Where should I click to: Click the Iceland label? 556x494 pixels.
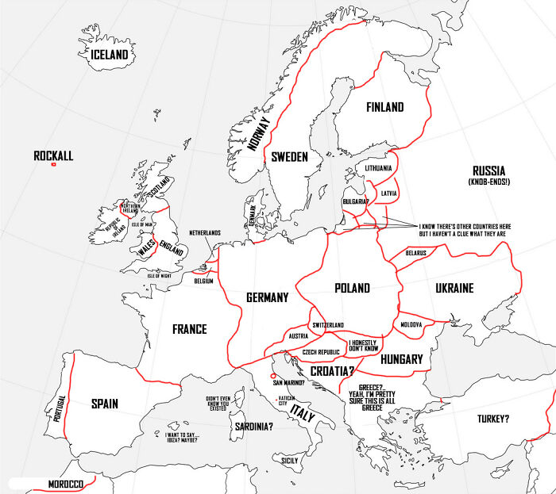[109, 55]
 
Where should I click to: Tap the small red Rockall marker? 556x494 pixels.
[53, 166]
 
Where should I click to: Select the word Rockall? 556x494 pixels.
[53, 156]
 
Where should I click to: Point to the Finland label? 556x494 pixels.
[384, 107]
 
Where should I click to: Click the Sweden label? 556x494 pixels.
[288, 157]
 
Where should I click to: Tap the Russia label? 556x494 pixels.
[488, 170]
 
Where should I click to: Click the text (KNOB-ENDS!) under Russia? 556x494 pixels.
[488, 182]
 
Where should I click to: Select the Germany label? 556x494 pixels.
[267, 297]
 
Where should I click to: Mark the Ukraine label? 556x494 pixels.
[454, 288]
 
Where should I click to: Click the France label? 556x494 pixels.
[189, 329]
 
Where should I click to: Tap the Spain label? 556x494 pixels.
[104, 404]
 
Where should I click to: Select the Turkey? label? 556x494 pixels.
[493, 419]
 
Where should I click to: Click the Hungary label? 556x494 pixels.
[401, 359]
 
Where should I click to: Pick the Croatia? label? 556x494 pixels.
[332, 370]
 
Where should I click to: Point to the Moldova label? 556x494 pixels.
[411, 325]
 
